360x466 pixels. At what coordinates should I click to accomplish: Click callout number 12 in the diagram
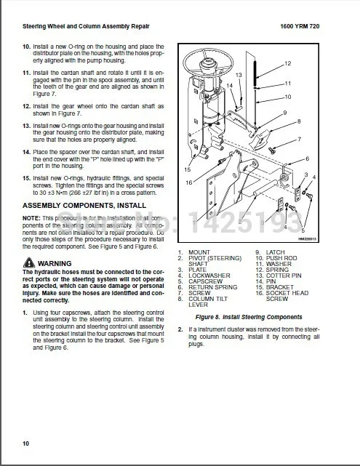287,63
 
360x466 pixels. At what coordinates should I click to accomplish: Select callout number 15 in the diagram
188,169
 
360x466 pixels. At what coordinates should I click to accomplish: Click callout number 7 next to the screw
299,139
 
